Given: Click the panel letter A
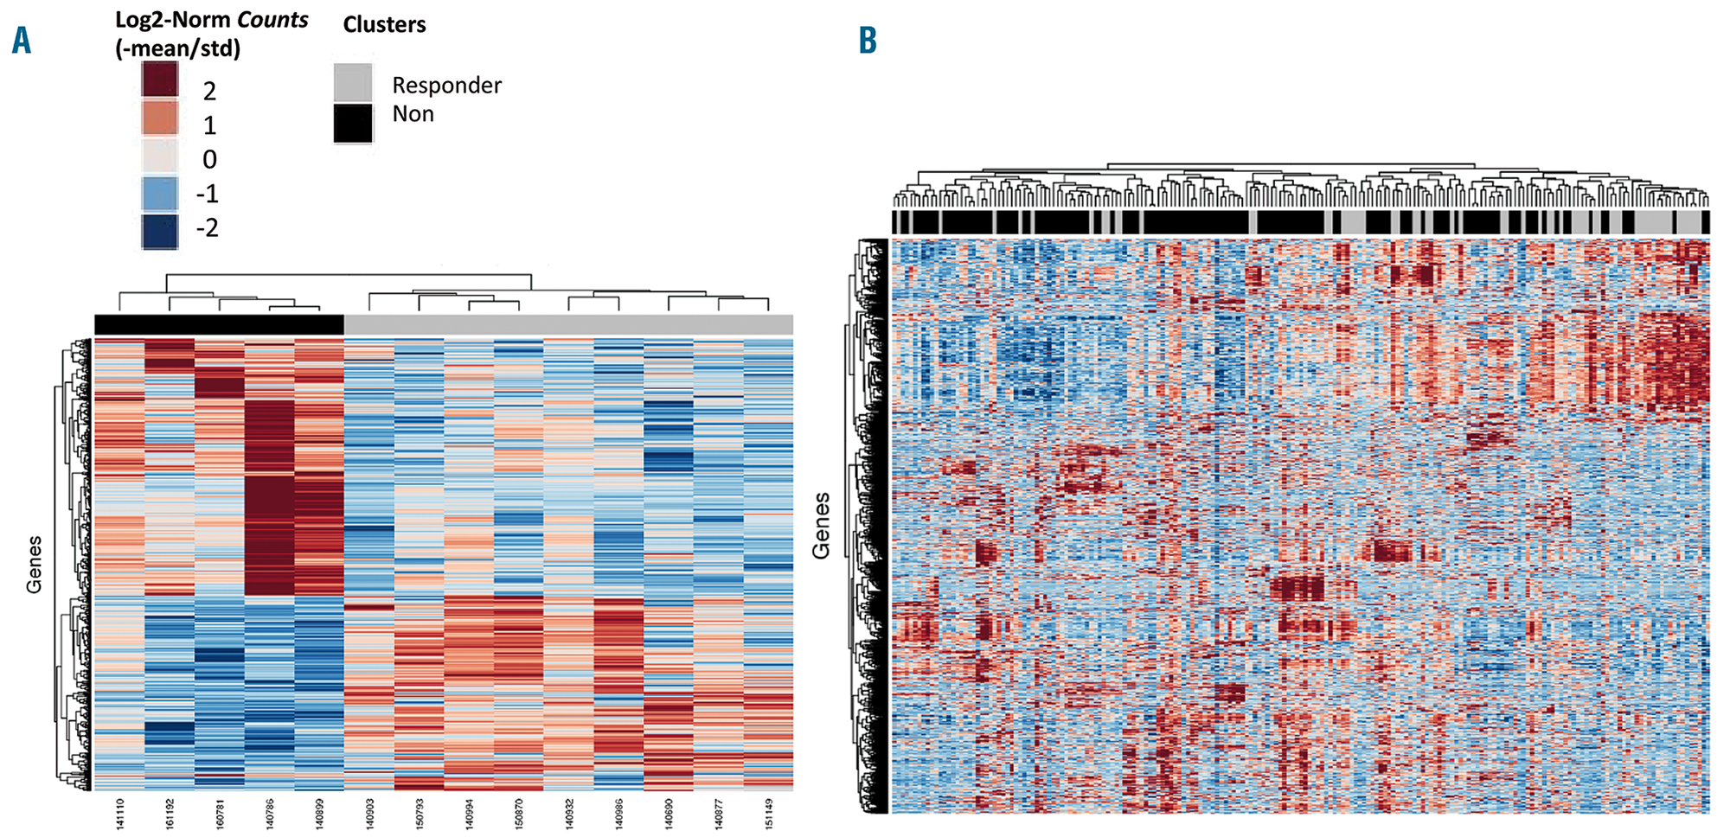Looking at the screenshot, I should pos(22,41).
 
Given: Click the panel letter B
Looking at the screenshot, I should pos(867,41).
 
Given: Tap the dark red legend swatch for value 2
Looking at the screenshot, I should pos(160,80).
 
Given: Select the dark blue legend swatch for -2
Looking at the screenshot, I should pos(160,231).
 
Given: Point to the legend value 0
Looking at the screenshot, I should pos(209,160).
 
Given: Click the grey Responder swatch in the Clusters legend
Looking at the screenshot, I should pos(353,83).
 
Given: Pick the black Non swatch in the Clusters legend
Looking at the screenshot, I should pos(353,123).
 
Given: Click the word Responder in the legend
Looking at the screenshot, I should pos(446,86).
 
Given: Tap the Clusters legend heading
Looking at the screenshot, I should pos(384,25).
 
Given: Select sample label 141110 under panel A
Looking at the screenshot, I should pos(120,814).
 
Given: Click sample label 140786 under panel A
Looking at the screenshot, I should pos(270,814).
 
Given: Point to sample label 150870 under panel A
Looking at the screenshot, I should pos(519,814).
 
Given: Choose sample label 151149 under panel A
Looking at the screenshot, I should pos(768,814).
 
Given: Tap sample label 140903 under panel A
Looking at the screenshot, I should pos(370,814).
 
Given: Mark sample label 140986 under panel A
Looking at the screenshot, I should pos(618,814).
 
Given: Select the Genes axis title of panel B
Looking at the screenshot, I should pos(822,526).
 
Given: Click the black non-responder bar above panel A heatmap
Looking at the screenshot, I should pos(219,324).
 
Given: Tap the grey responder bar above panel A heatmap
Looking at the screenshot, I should pos(568,324).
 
